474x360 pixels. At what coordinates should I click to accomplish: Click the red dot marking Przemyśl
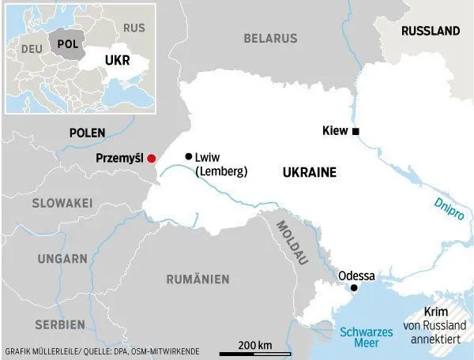pos(152,158)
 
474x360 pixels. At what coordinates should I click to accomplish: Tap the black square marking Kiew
pos(356,131)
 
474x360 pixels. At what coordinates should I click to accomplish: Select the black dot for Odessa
pos(354,288)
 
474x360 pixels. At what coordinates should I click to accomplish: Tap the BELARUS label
pos(270,38)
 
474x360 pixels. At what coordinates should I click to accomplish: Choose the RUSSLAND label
pos(430,32)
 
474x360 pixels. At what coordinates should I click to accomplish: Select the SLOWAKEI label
pos(62,203)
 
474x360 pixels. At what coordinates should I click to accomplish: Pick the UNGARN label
pos(61,258)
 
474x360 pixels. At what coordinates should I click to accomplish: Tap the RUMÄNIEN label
pos(197,279)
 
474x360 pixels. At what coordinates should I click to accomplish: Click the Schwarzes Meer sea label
pos(366,339)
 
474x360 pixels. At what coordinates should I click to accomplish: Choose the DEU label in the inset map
pos(32,48)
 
